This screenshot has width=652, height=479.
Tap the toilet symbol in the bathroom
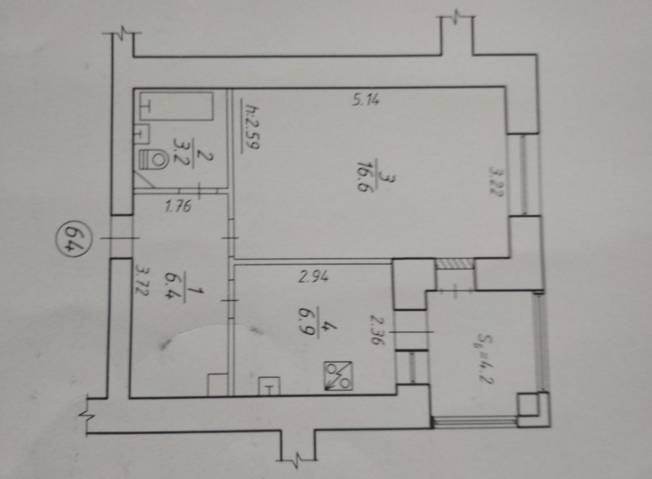pyautogui.click(x=152, y=159)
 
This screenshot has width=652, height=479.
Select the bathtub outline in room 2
pyautogui.click(x=177, y=107)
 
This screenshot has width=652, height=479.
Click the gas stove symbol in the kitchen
pyautogui.click(x=338, y=376)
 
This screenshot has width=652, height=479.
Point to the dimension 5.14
pyautogui.click(x=366, y=100)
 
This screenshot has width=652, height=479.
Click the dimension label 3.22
pyautogui.click(x=496, y=181)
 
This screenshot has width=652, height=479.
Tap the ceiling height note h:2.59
pyautogui.click(x=251, y=126)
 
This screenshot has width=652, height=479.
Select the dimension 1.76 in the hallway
pyautogui.click(x=178, y=206)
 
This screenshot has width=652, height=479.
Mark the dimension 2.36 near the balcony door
pyautogui.click(x=377, y=330)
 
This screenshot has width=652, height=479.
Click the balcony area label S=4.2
pyautogui.click(x=485, y=358)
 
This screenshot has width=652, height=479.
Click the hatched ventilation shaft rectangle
pyautogui.click(x=454, y=263)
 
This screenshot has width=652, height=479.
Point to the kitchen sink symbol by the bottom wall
pyautogui.click(x=269, y=386)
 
